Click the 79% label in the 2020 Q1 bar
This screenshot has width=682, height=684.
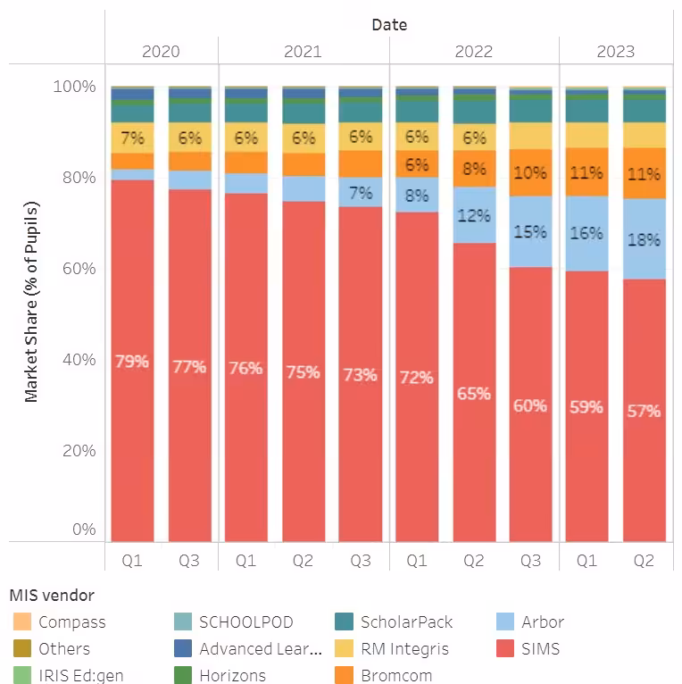pyautogui.click(x=131, y=362)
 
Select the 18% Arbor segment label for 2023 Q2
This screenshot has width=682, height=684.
pyautogui.click(x=644, y=239)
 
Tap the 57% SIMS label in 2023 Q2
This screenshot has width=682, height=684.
pyautogui.click(x=644, y=411)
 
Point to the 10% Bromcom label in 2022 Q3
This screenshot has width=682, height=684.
pyautogui.click(x=530, y=172)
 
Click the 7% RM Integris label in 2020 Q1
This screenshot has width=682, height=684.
pyautogui.click(x=131, y=138)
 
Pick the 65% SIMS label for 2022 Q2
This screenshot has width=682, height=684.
pyautogui.click(x=473, y=392)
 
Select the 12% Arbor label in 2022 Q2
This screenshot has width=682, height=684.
pyautogui.click(x=473, y=215)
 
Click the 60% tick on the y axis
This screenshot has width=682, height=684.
pyautogui.click(x=77, y=269)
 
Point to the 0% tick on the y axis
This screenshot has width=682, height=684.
pyautogui.click(x=83, y=530)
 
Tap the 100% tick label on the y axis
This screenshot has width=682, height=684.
pyautogui.click(x=74, y=87)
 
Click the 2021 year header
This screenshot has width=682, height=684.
pyautogui.click(x=303, y=51)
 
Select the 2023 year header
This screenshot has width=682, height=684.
pyautogui.click(x=615, y=51)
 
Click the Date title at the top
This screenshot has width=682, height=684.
pyautogui.click(x=389, y=24)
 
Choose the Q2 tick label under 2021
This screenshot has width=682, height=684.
pyautogui.click(x=303, y=561)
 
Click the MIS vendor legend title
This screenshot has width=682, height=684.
pyautogui.click(x=51, y=595)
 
